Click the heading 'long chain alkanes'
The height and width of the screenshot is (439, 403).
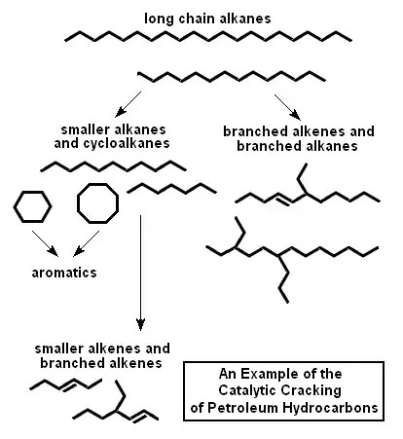(207, 18)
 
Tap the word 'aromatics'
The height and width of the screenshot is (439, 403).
(64, 273)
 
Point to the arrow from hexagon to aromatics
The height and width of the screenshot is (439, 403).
(45, 243)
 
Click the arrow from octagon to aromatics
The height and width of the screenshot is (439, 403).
(87, 243)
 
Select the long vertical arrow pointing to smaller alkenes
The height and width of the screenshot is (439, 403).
(140, 273)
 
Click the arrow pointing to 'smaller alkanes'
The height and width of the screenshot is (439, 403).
(128, 104)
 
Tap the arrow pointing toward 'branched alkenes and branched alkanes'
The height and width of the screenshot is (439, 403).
(287, 107)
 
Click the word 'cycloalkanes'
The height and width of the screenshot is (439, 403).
(127, 143)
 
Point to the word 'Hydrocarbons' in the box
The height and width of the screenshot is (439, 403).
(330, 408)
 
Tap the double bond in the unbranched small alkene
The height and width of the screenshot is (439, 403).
(69, 385)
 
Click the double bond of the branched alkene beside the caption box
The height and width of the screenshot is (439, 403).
(139, 416)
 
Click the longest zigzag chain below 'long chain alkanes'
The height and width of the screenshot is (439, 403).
(208, 36)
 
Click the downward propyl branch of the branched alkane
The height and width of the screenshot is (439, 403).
(283, 279)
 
